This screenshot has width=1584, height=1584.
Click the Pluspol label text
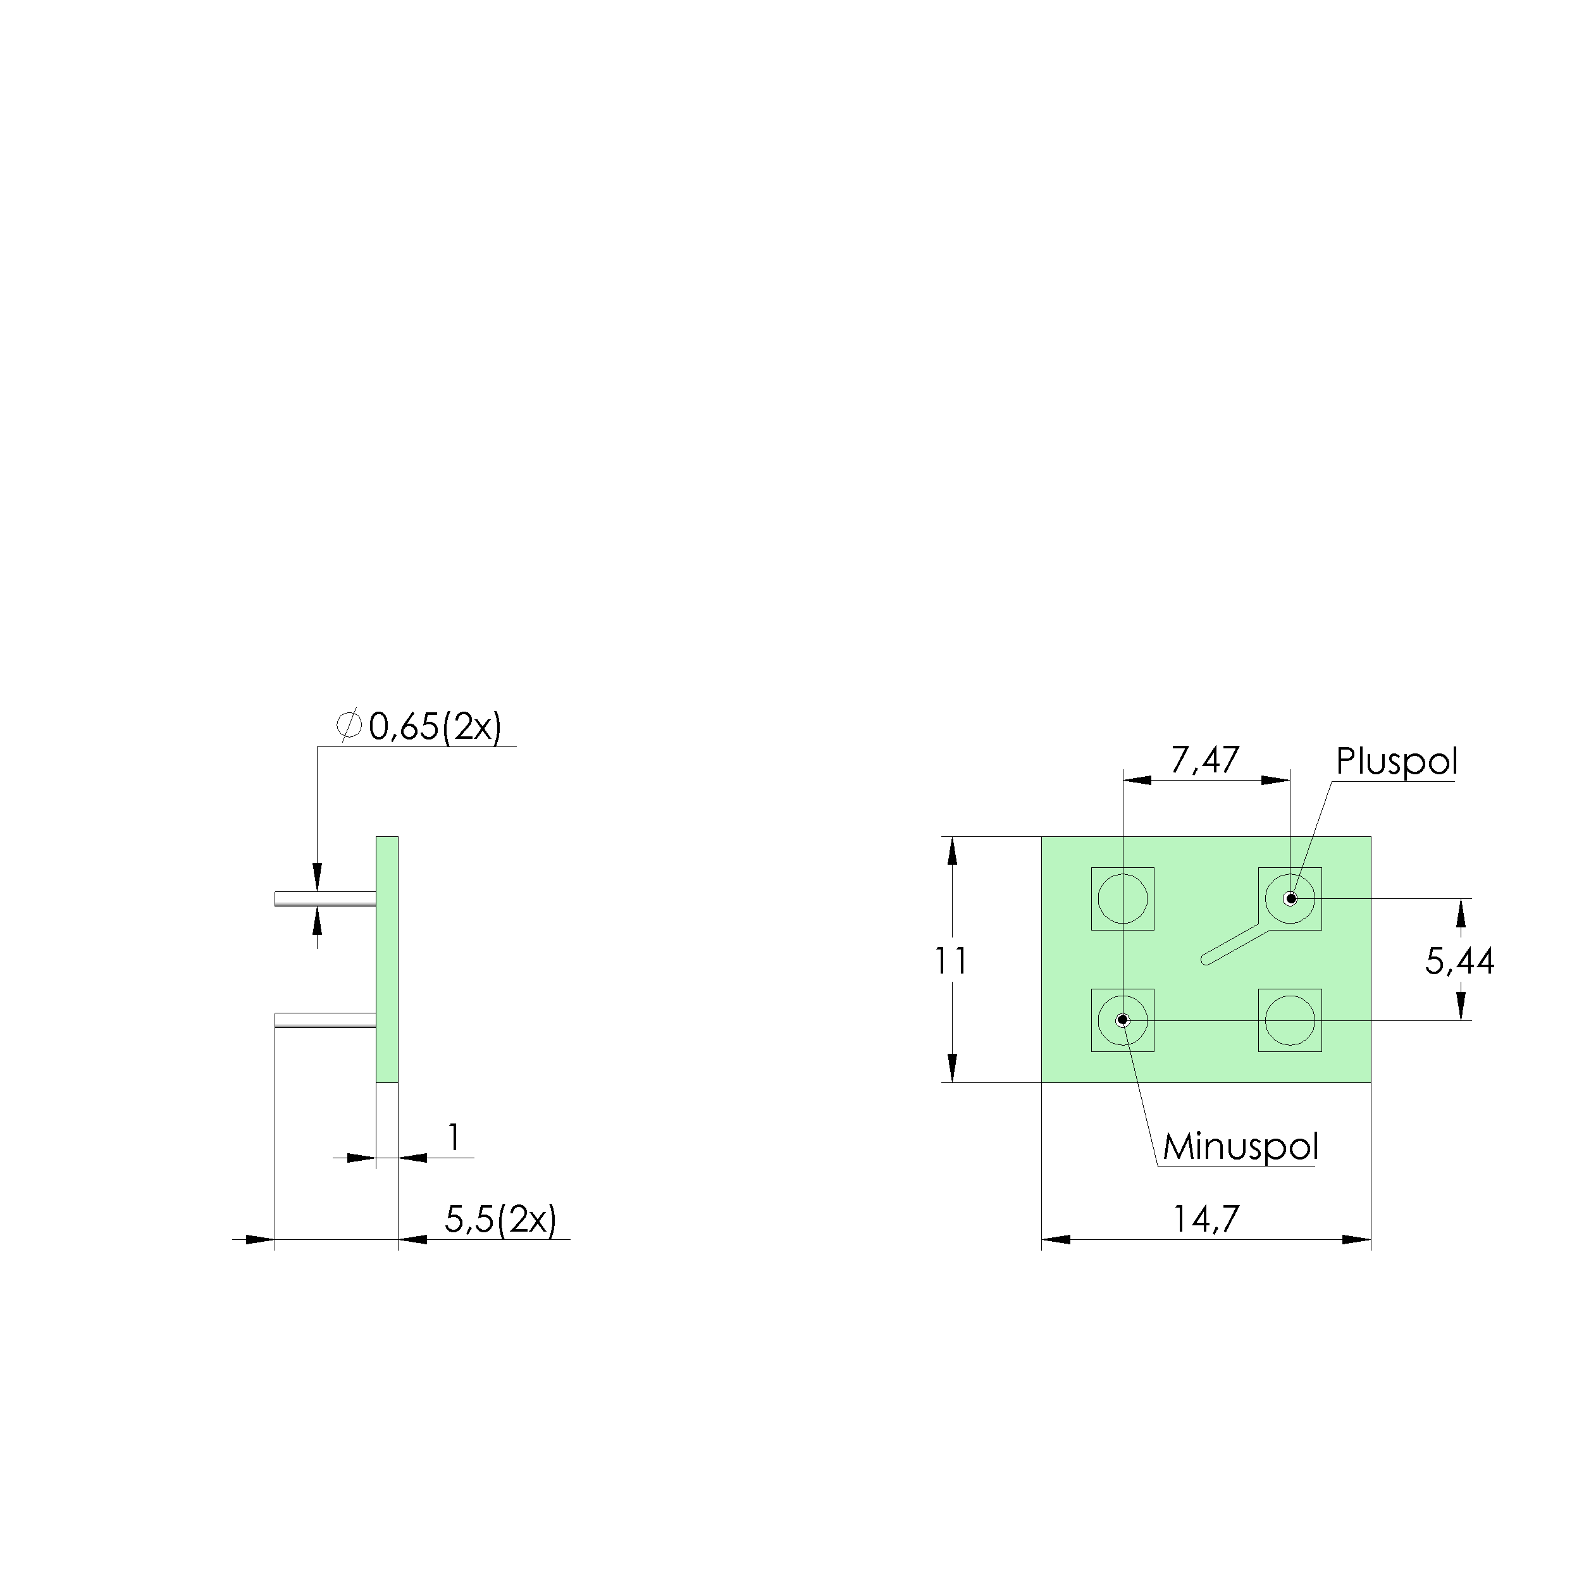(1396, 762)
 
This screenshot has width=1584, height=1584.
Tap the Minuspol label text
(1241, 1147)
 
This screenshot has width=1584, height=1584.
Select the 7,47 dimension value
(1204, 760)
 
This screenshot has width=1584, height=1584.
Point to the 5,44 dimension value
(1459, 961)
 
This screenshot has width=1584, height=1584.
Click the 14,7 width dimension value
(1205, 1219)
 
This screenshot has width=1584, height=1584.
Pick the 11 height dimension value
(951, 960)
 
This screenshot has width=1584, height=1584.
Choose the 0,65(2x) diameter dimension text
(435, 726)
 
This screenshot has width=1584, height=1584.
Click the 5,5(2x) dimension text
(500, 1219)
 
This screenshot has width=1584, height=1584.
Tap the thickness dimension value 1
(454, 1137)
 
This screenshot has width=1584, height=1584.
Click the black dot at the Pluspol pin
(1290, 898)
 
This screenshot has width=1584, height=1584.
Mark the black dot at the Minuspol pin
(1122, 1021)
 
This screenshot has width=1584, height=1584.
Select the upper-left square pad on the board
(1122, 898)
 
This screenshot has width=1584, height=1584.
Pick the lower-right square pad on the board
(1290, 1021)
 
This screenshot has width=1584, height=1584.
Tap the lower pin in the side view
(326, 1021)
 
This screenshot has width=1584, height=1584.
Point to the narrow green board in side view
(387, 959)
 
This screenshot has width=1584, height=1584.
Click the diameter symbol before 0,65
(349, 726)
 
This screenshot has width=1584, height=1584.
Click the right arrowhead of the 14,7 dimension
(1357, 1240)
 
